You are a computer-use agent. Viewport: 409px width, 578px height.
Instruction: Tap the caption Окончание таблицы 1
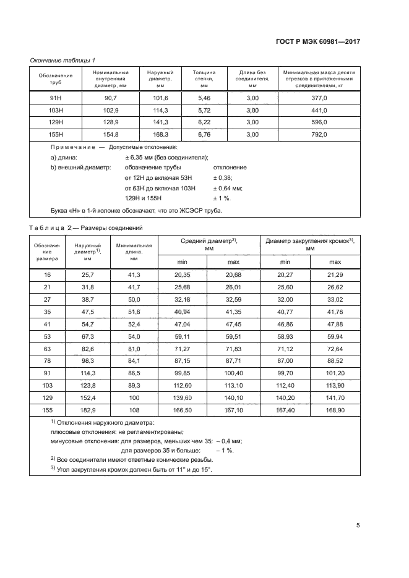(62, 60)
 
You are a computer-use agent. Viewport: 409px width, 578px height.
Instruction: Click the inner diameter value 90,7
(111, 98)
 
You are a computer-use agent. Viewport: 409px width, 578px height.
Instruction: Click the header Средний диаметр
(209, 244)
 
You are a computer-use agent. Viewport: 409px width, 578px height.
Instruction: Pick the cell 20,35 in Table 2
(181, 274)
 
